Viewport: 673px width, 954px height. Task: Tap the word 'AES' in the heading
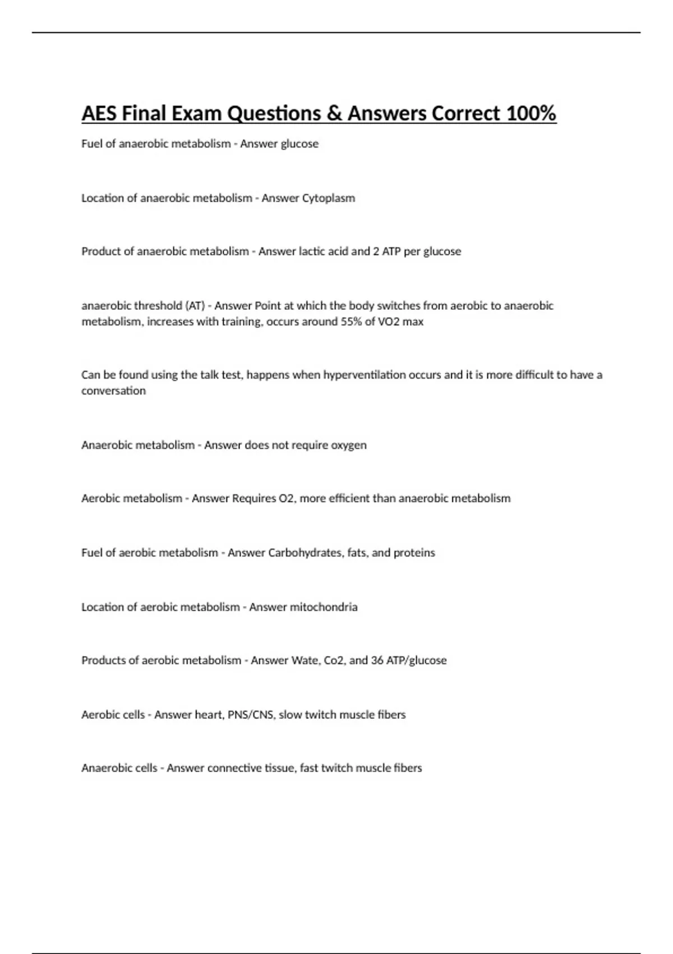point(99,113)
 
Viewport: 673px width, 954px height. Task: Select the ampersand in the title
point(334,113)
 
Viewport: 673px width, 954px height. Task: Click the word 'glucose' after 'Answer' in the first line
point(299,144)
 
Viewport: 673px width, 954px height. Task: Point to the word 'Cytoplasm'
point(329,198)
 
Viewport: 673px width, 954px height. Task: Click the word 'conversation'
point(113,391)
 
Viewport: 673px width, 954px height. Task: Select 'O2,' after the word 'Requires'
point(287,498)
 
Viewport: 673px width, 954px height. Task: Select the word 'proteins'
point(414,553)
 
